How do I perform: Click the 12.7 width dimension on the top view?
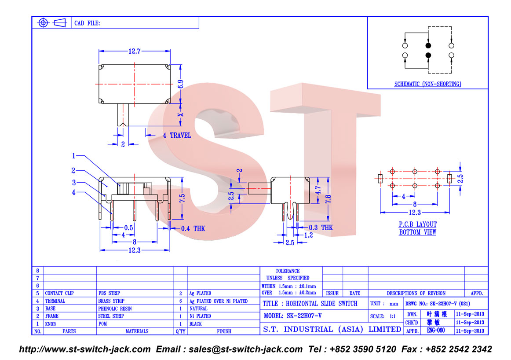(134, 51)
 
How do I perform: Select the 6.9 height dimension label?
(181, 84)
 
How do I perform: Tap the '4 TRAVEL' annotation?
(177, 135)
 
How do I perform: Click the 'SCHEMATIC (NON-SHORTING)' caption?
(427, 84)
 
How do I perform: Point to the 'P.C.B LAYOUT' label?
(417, 224)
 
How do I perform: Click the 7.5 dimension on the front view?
(182, 198)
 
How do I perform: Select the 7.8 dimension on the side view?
(328, 199)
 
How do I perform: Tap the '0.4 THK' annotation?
(193, 228)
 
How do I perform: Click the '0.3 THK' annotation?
(321, 228)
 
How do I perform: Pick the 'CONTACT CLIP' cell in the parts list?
(59, 293)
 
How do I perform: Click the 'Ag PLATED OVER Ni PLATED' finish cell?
(219, 301)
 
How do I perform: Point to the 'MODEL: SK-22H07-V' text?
(292, 316)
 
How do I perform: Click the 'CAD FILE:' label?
(87, 23)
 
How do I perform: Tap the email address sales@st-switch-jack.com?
(245, 349)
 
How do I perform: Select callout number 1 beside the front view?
(73, 156)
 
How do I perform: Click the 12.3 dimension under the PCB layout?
(415, 213)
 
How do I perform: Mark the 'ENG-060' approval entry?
(436, 331)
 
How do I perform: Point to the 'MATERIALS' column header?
(137, 331)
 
